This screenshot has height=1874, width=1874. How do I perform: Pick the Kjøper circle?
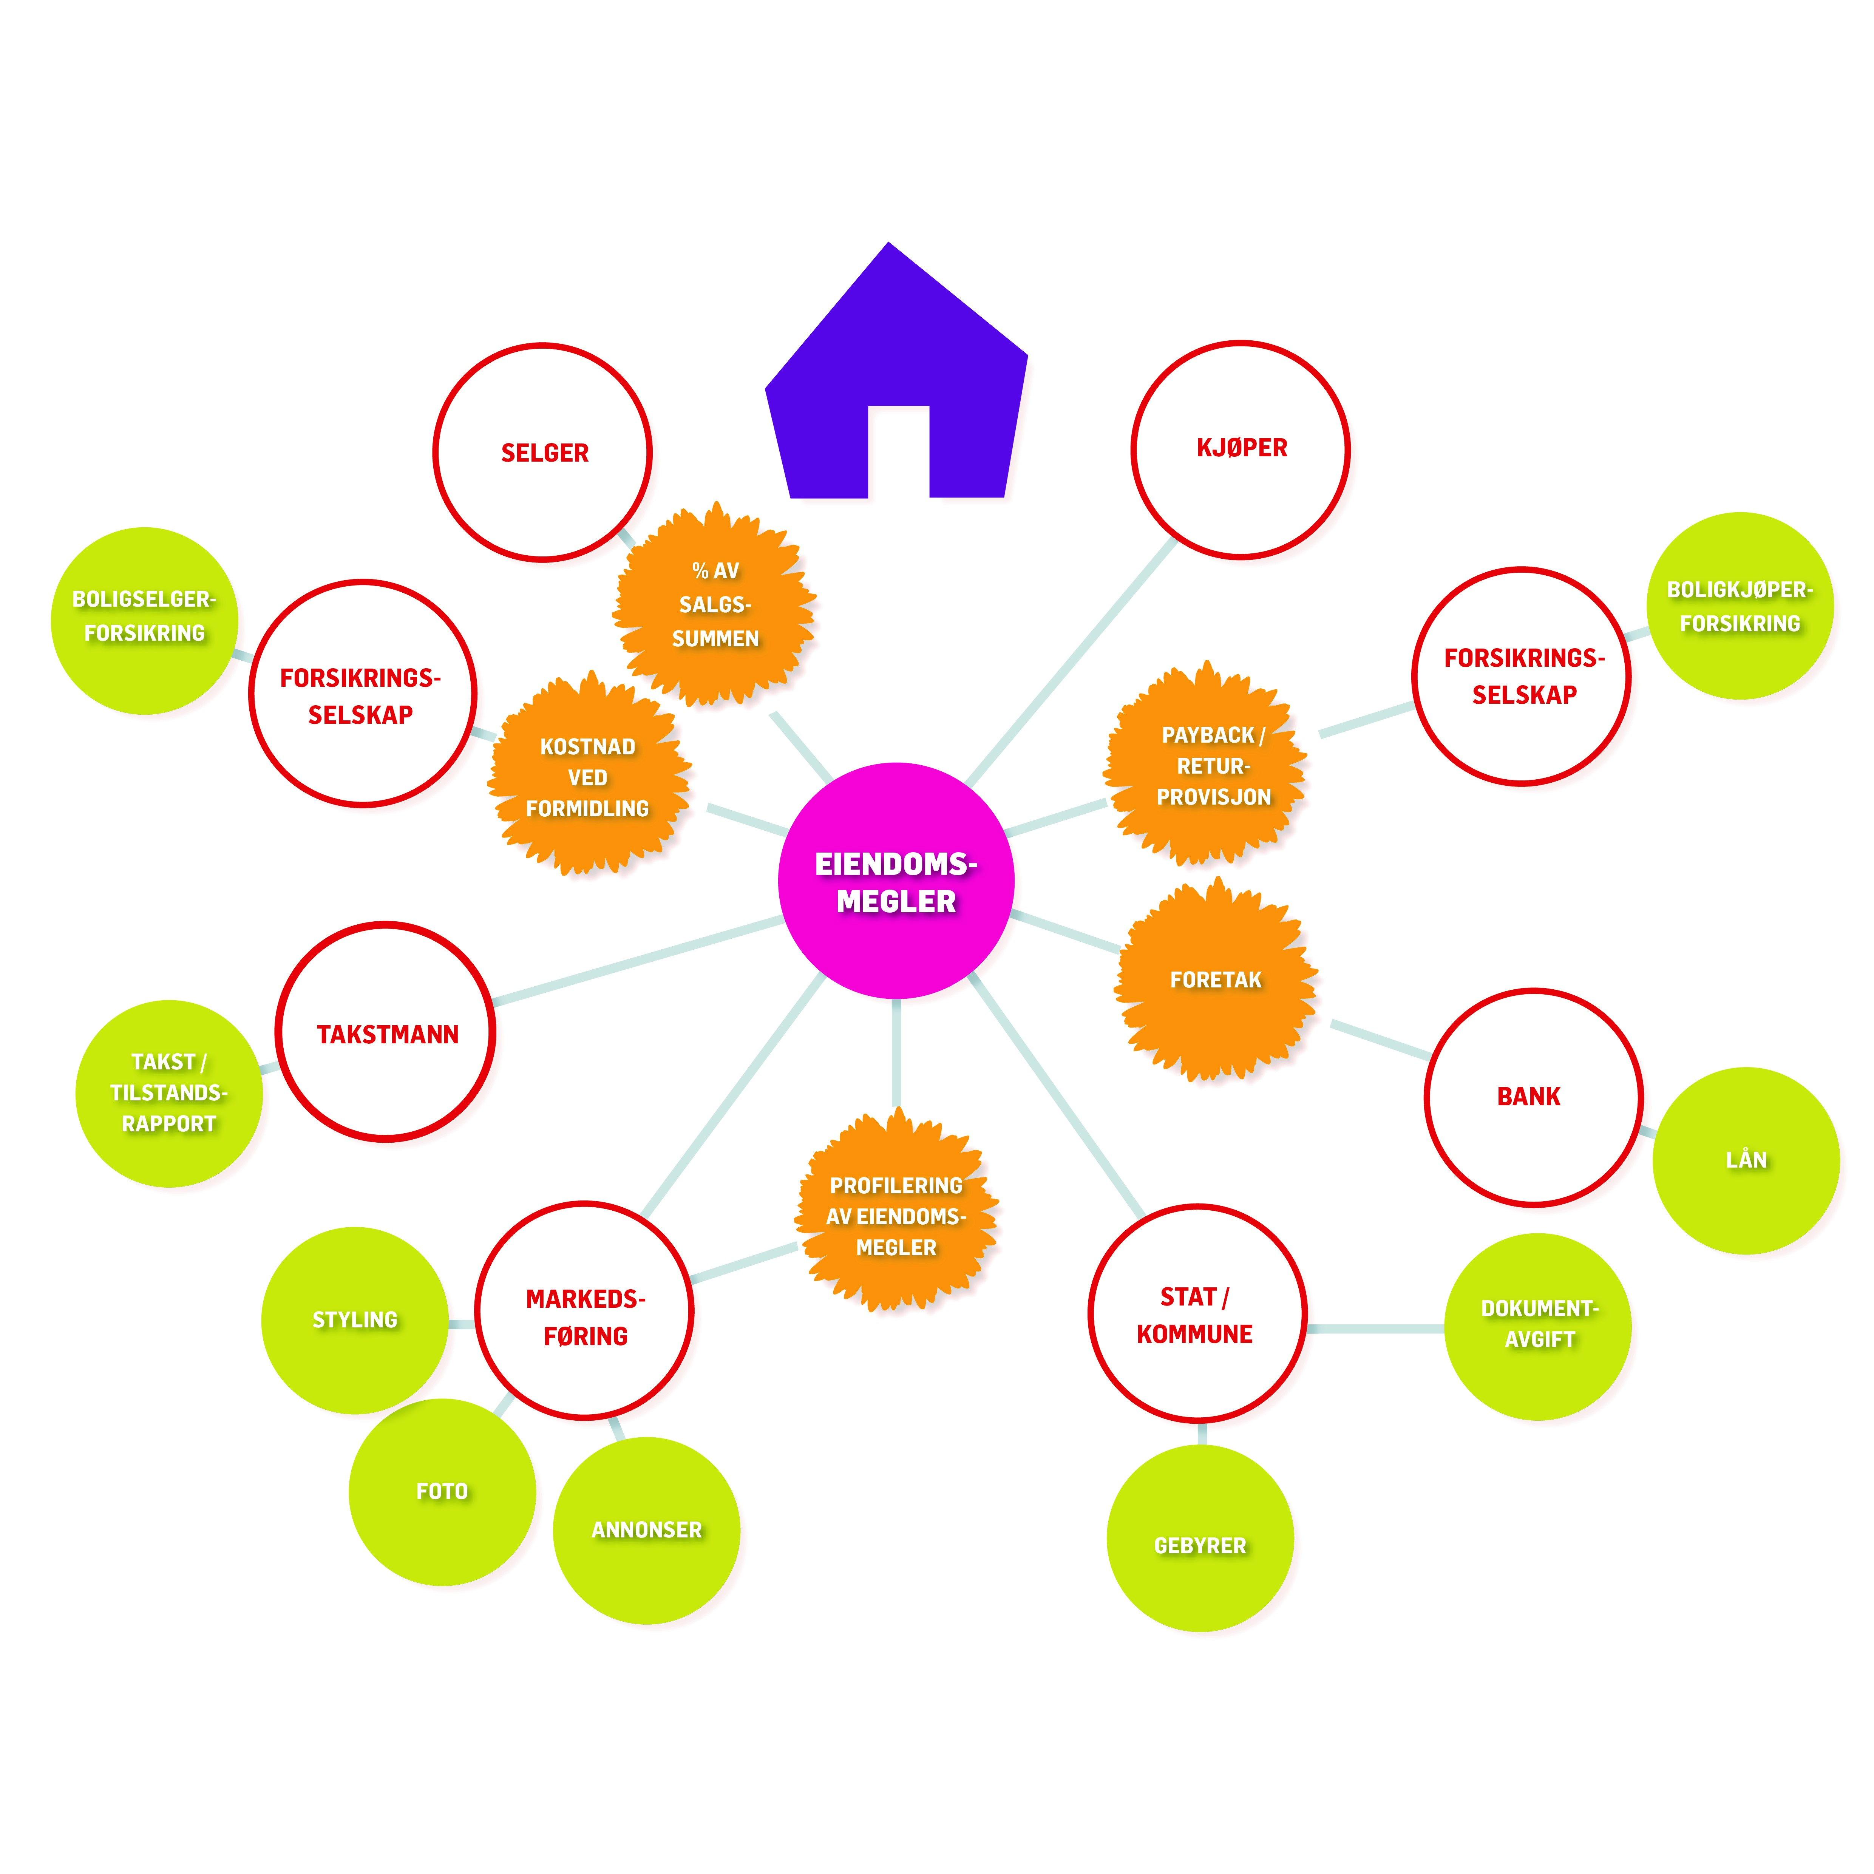pos(1241,449)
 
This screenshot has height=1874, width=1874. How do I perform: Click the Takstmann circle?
pos(386,1032)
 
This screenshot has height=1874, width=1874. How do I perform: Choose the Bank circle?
pos(1533,1097)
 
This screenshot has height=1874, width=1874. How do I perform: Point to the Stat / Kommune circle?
pos(1197,1314)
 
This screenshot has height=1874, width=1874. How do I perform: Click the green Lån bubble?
pos(1746,1160)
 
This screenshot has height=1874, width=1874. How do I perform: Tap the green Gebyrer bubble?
pos(1200,1545)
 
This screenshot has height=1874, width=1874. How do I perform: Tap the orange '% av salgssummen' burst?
pos(715,604)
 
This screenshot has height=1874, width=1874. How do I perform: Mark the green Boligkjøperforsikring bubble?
pos(1739,606)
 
